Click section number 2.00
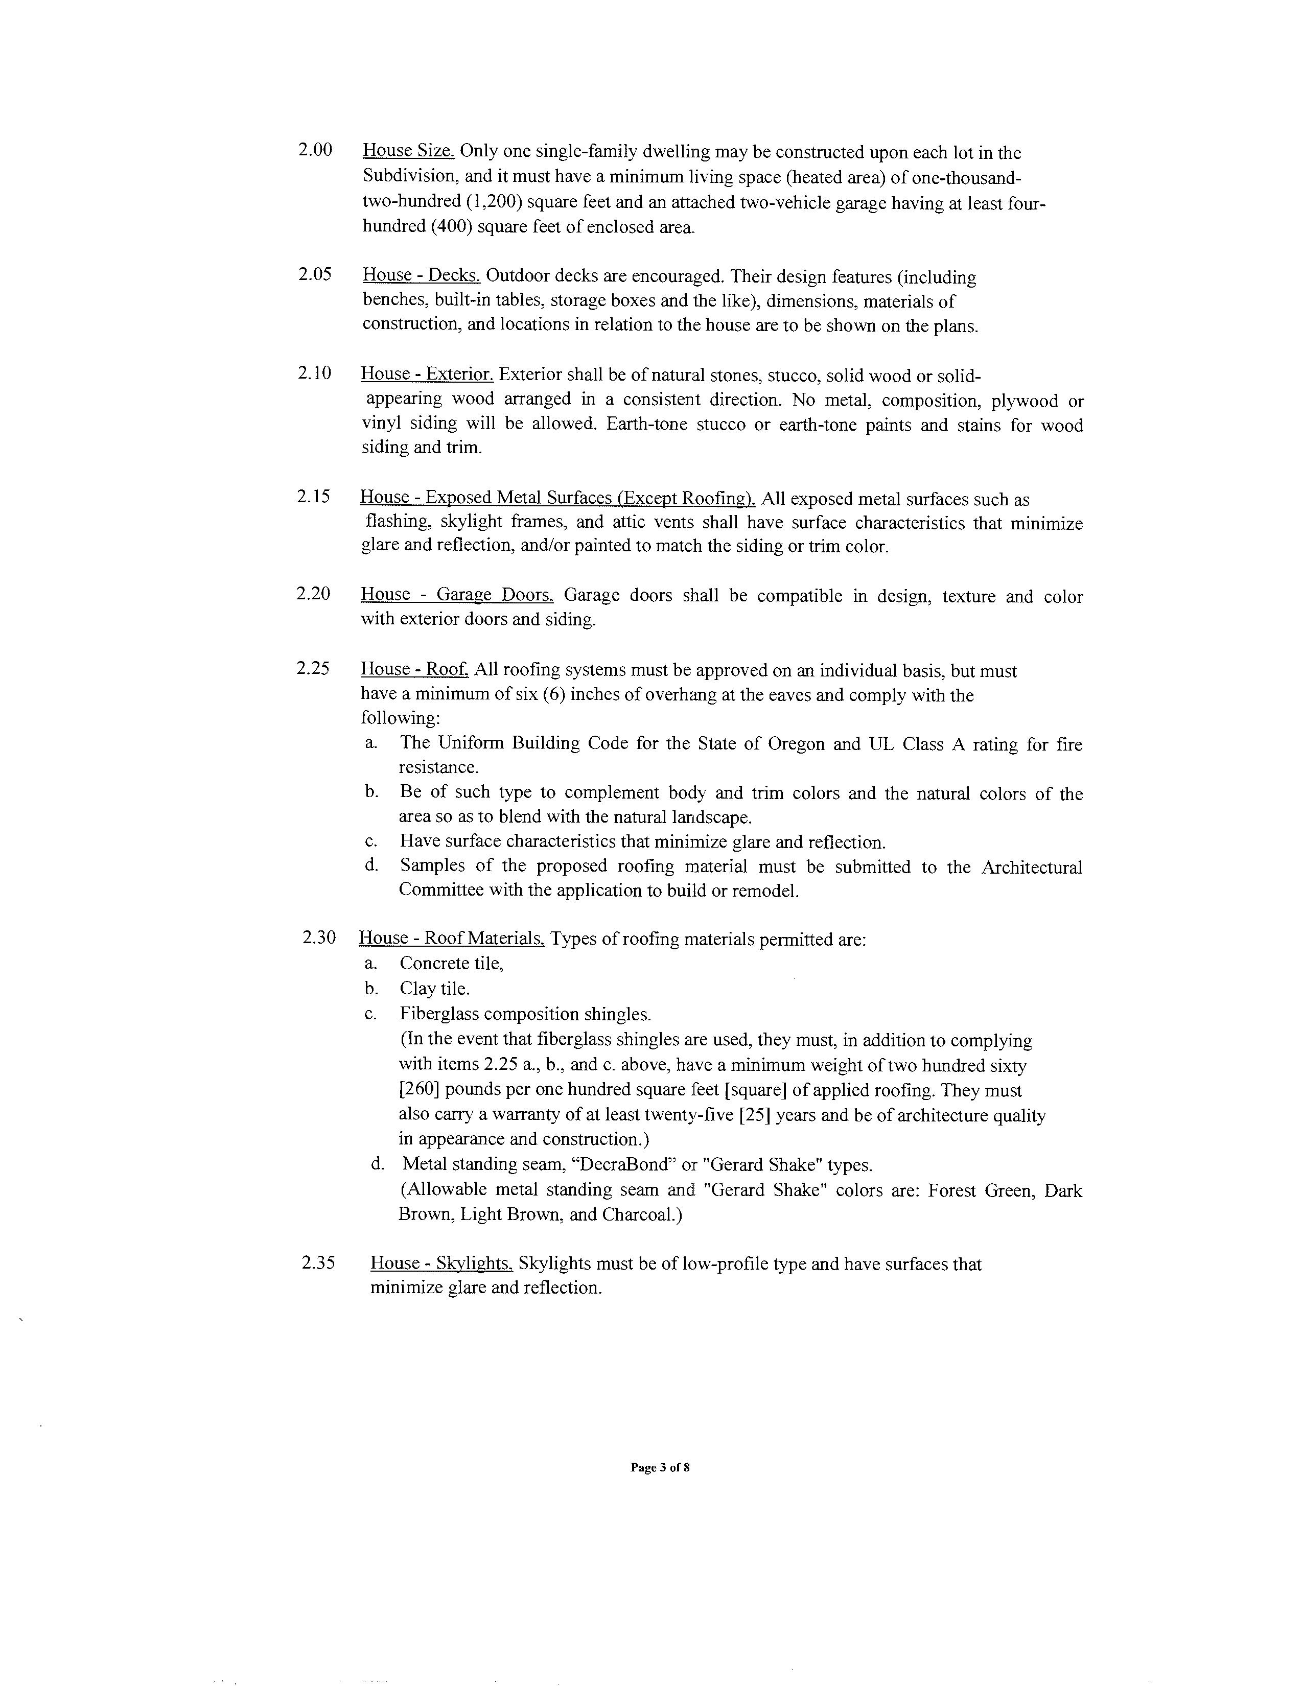click(315, 150)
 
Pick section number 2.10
click(315, 373)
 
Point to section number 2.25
click(313, 669)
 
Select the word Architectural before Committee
click(1031, 867)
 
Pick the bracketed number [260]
click(419, 1090)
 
